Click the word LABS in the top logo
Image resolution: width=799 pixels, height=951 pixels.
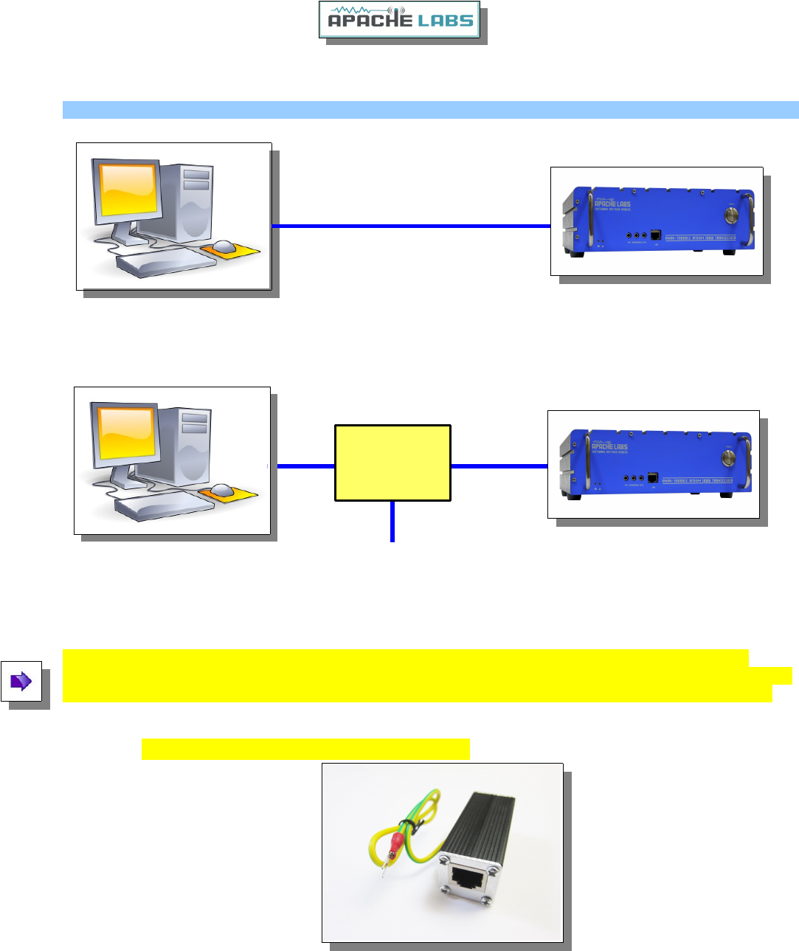(x=445, y=20)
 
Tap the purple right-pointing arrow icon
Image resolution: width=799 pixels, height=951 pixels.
(x=21, y=681)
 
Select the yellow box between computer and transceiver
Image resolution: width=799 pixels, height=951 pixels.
(x=392, y=463)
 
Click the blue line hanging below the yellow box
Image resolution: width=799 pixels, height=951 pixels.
(x=392, y=522)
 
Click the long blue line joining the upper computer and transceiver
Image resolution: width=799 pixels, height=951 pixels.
(x=411, y=226)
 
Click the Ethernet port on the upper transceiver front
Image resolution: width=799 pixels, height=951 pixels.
(x=655, y=235)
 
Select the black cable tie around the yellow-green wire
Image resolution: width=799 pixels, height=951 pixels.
(x=405, y=826)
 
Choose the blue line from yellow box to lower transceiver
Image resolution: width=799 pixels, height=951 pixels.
(x=499, y=466)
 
